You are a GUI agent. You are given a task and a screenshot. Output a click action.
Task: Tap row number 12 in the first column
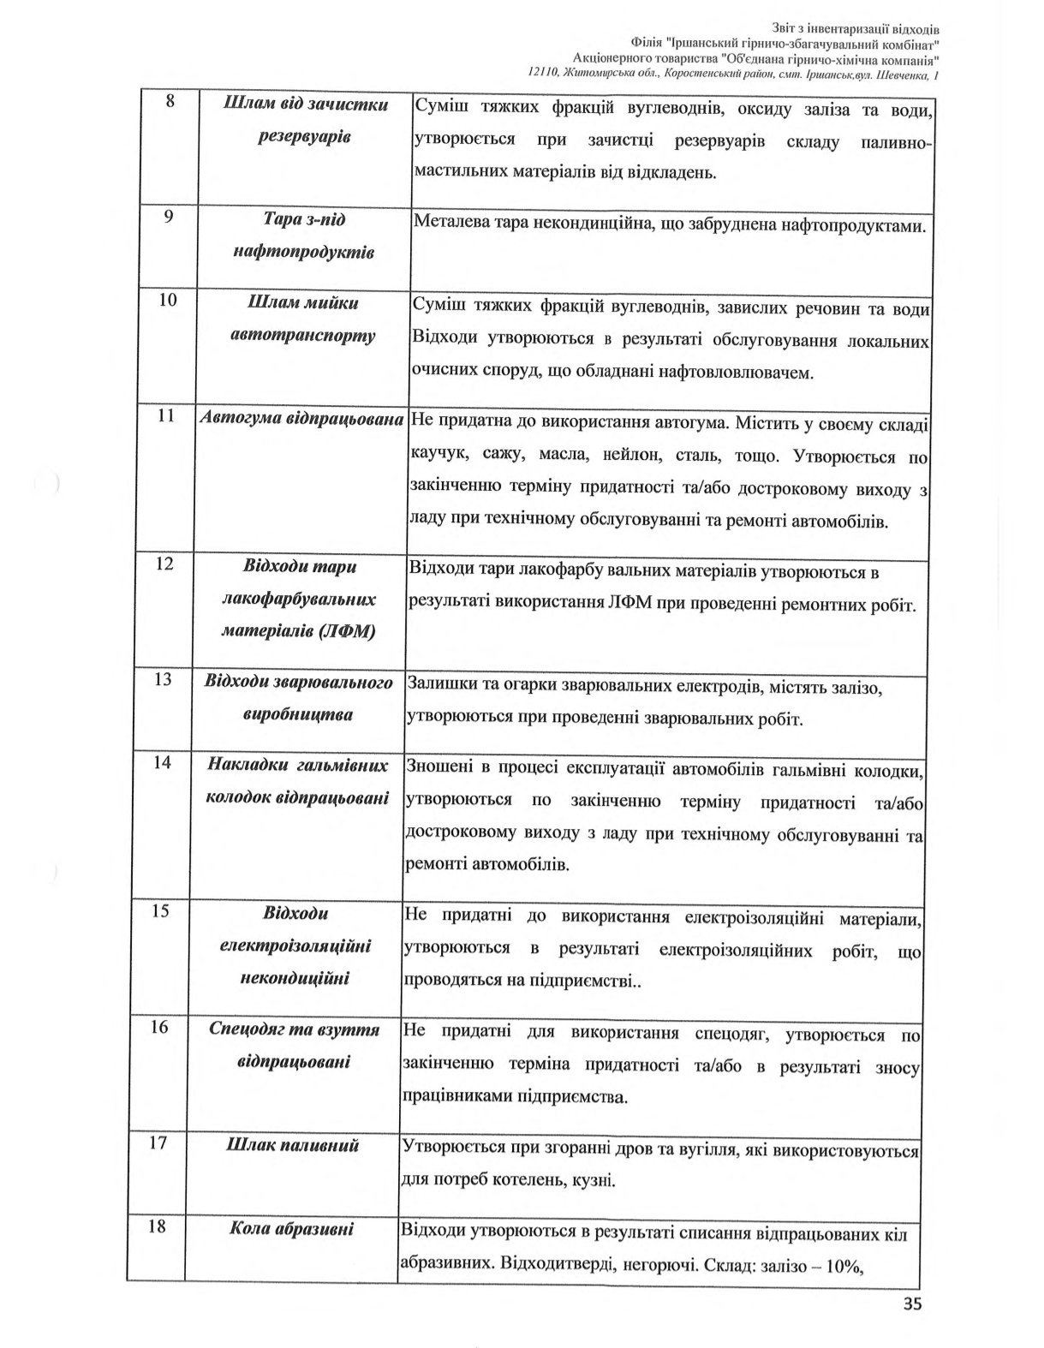pos(166,564)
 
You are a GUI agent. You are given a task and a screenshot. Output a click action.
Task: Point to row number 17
pos(157,1143)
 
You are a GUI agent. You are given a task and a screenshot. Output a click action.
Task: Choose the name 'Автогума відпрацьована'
pos(301,419)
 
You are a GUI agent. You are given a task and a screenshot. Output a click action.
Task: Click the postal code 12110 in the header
pos(545,75)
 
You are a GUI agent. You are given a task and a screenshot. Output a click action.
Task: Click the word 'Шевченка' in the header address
pos(903,75)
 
